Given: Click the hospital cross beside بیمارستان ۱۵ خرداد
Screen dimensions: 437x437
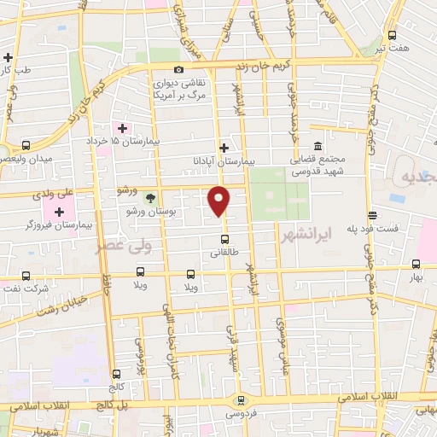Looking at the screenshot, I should [x=123, y=128].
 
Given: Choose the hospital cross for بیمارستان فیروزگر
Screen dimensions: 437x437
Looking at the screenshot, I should [x=59, y=212].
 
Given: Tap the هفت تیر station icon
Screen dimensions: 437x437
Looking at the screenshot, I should [x=392, y=35].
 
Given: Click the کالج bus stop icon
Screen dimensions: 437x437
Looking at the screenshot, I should [x=115, y=373].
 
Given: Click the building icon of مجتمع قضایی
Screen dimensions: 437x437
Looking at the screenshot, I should [x=318, y=146].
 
